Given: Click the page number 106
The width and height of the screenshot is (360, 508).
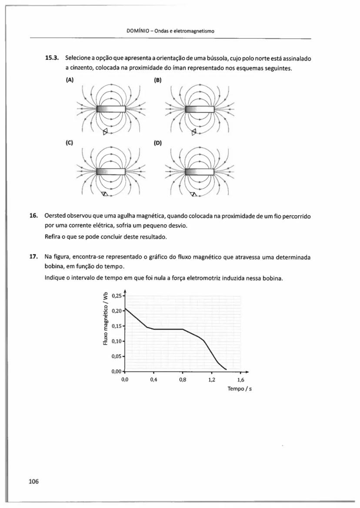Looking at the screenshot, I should click(33, 481).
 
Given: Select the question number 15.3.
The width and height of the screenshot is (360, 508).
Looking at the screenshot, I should click(53, 58).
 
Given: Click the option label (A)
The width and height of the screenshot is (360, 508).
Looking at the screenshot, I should click(70, 80).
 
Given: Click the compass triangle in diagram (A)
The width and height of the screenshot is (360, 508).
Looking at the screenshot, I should click(105, 132).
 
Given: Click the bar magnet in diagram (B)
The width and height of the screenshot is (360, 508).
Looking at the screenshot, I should click(200, 109).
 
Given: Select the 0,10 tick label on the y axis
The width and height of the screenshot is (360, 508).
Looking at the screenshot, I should click(118, 341).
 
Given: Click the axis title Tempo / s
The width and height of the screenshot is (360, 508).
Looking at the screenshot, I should click(240, 388).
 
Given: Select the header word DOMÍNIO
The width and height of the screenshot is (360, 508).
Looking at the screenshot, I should click(136, 31).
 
